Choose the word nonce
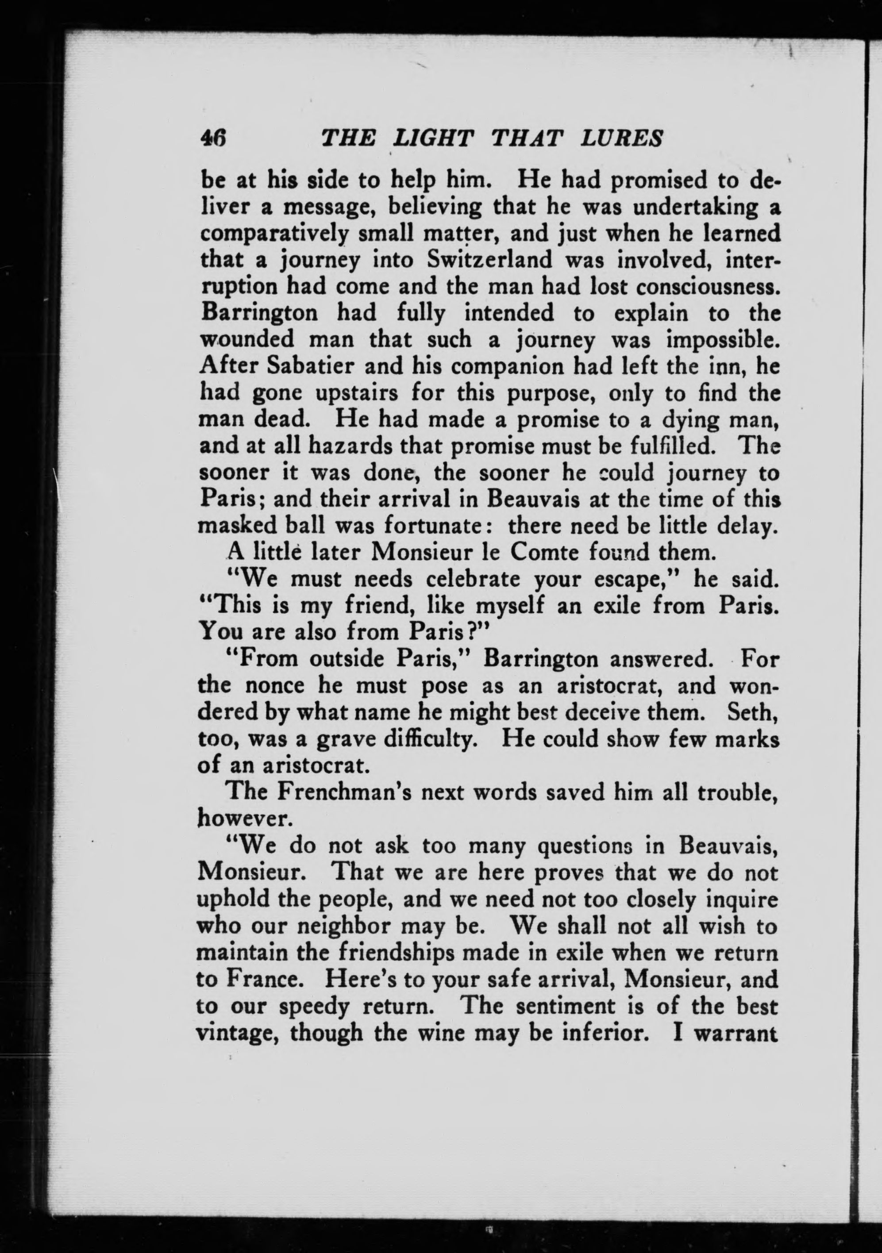coord(274,685)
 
